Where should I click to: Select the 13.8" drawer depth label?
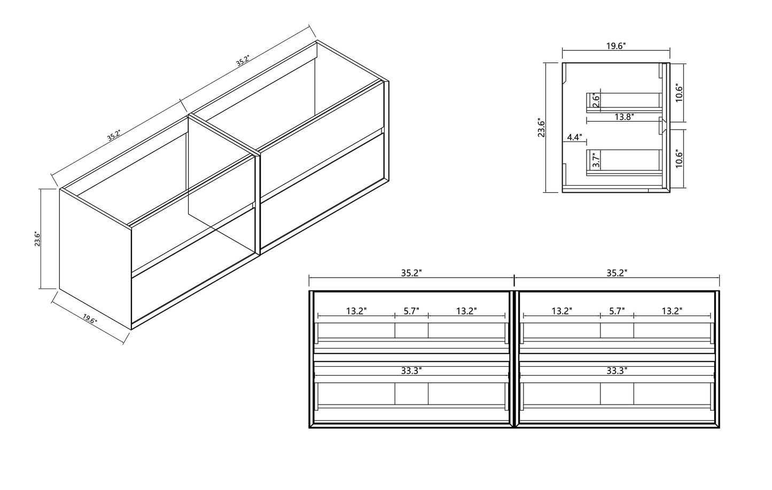click(625, 117)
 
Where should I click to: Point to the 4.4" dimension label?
click(574, 137)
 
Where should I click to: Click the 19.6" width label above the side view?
click(616, 46)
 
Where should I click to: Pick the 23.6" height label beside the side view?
click(541, 128)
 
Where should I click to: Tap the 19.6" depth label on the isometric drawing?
click(90, 319)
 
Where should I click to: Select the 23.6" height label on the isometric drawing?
click(37, 239)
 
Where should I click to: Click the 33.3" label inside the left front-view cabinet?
click(411, 371)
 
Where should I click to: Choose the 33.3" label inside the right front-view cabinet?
click(617, 371)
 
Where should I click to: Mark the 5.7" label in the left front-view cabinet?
click(411, 311)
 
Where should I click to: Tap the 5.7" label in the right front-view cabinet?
click(617, 311)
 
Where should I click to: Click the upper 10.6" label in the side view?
click(679, 92)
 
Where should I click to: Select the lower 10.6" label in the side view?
click(679, 158)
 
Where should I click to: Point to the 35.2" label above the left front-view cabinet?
click(411, 273)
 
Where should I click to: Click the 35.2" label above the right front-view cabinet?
click(617, 273)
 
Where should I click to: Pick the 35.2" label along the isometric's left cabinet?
click(114, 135)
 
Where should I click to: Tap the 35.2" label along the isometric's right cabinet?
click(243, 61)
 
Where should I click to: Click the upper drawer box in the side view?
click(625, 102)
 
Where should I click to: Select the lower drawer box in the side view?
click(625, 162)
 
